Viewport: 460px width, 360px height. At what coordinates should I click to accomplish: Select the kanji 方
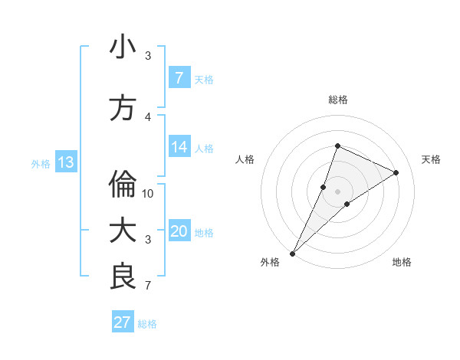(123, 108)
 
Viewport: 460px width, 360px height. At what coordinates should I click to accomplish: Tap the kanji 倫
(123, 184)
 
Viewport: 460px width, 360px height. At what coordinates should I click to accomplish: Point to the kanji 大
(123, 231)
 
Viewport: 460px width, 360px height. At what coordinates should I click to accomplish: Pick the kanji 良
(123, 277)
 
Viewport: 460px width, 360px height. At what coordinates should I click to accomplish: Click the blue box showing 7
(179, 77)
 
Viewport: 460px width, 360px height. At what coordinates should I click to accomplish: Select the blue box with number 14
(179, 147)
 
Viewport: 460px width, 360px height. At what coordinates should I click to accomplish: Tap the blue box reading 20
(179, 232)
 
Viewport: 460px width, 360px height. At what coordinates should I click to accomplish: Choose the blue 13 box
(65, 162)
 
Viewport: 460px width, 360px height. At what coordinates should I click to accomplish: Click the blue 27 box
(122, 322)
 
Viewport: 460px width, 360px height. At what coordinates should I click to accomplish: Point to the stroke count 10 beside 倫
(148, 193)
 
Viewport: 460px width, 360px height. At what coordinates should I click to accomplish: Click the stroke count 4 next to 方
(148, 116)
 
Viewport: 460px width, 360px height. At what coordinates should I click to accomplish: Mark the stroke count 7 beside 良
(148, 286)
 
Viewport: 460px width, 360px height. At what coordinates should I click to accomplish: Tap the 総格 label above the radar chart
(337, 100)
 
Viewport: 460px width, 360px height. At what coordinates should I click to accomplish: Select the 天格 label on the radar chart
(432, 159)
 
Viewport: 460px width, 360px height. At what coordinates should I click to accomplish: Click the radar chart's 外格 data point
(292, 253)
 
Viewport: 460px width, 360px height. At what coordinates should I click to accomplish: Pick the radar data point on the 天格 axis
(396, 172)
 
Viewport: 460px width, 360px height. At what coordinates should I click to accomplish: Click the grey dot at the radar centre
(337, 191)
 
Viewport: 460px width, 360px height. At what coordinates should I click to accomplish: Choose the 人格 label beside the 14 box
(204, 149)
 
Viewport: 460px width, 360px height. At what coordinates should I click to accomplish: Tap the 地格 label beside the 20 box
(204, 233)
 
